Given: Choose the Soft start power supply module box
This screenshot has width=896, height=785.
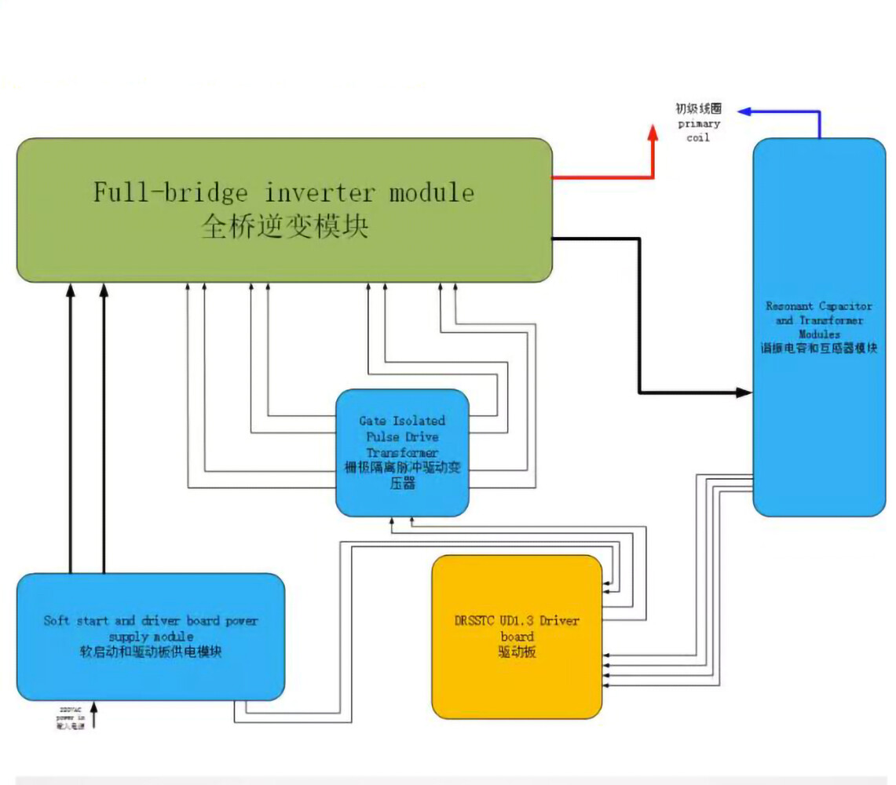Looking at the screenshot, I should tap(150, 675).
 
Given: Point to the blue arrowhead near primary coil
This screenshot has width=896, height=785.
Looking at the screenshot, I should tap(743, 112).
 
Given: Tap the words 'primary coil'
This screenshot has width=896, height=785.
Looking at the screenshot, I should tap(699, 130).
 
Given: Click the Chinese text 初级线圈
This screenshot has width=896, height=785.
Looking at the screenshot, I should tap(699, 109).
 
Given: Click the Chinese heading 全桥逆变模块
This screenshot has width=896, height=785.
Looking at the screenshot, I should tap(284, 227).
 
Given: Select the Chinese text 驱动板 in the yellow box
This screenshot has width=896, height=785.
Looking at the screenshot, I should tap(517, 652).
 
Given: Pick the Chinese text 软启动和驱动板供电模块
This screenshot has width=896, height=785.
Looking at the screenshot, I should tap(150, 652).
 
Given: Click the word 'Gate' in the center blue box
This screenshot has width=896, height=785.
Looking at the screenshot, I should tap(374, 421).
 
